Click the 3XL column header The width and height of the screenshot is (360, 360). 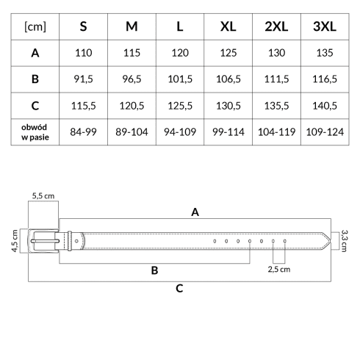[x=325, y=26]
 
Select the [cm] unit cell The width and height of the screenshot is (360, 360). [x=35, y=26]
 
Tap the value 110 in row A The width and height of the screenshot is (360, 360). [x=84, y=53]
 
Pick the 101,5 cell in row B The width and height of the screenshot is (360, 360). [x=180, y=79]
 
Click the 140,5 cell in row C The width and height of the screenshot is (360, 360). [x=325, y=106]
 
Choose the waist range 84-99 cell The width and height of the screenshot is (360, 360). [x=83, y=132]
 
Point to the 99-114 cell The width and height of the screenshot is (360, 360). [x=228, y=132]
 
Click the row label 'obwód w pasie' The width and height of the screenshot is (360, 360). [x=35, y=132]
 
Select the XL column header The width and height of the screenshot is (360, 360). [x=228, y=26]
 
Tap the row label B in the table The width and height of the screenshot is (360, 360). [x=35, y=79]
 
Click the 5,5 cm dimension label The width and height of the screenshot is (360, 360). [x=43, y=196]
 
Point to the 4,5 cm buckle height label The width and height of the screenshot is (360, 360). [x=15, y=241]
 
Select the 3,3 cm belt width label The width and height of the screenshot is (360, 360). [x=344, y=241]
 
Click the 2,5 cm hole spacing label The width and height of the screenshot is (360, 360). [x=279, y=270]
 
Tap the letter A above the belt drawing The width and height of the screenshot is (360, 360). [x=195, y=212]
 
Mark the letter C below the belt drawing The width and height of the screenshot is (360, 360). [x=179, y=289]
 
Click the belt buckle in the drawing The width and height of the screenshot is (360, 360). [x=43, y=241]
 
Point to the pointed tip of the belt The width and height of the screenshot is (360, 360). [x=331, y=241]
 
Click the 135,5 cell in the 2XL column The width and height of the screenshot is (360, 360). [x=276, y=106]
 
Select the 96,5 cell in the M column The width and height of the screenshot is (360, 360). [x=132, y=79]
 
